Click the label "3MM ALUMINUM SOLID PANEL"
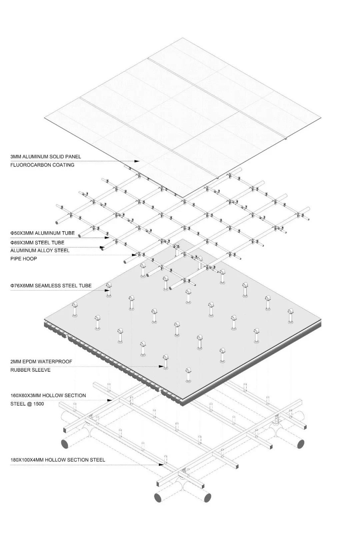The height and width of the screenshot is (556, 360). pos(46,157)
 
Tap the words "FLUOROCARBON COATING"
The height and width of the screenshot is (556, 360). pos(42,165)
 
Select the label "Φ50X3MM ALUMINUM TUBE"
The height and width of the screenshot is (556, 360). pos(42,233)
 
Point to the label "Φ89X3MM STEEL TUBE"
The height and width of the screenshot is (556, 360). pos(37,243)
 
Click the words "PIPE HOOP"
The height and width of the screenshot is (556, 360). pos(24,259)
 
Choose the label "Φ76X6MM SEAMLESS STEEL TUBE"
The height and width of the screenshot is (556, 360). pos(51,286)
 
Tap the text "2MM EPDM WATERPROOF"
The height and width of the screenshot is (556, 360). pos(41,362)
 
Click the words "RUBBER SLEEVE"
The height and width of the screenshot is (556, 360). pos(30,370)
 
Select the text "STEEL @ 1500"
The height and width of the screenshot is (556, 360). pos(27,404)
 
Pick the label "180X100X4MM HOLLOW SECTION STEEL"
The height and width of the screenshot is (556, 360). pos(58,460)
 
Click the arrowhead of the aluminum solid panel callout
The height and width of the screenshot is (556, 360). pos(137,161)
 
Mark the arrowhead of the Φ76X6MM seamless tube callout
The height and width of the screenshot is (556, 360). pos(107,290)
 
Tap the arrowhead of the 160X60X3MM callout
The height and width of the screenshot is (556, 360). pos(109,400)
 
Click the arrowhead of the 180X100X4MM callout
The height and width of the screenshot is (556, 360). pos(161,464)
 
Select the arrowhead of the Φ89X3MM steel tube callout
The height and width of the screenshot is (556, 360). pos(102,247)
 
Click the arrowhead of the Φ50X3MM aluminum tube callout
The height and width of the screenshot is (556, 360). pos(107,238)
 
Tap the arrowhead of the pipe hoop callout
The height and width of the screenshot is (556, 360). pos(134,255)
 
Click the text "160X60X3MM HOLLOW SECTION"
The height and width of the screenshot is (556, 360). pos(48,395)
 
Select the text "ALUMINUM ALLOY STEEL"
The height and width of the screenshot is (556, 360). pos(40,250)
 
